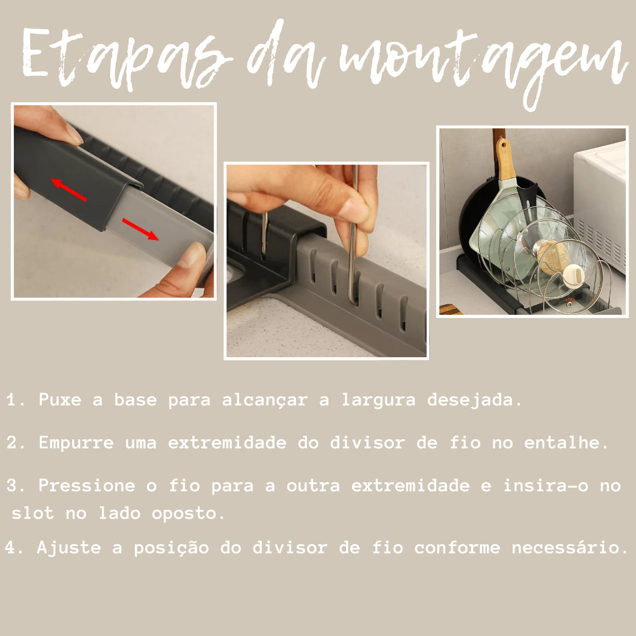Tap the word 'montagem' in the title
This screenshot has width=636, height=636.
tap(482, 66)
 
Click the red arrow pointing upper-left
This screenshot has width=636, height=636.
tap(69, 190)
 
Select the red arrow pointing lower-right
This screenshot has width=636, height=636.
tap(140, 229)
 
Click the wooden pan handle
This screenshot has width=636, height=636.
tap(505, 159)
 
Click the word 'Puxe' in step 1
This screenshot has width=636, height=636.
tap(60, 400)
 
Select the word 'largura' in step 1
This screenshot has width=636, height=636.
tap(378, 401)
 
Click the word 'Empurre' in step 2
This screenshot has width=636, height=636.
tap(76, 443)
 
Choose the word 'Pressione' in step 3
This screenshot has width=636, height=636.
tap(87, 485)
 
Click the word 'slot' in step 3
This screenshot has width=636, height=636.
tap(33, 513)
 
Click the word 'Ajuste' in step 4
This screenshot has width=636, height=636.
tap(69, 548)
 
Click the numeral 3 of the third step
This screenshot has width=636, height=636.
tap(12, 486)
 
